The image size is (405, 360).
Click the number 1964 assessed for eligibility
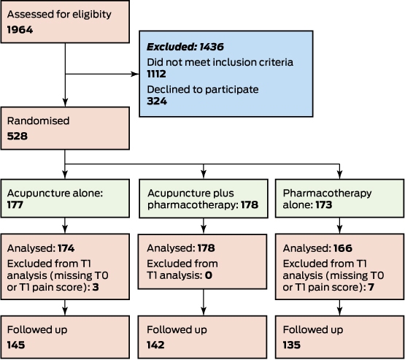click(x=20, y=30)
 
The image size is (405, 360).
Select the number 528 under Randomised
click(x=18, y=137)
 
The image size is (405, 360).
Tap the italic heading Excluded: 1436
click(x=185, y=47)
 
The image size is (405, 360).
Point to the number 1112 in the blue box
click(x=156, y=74)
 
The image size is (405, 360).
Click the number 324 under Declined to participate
click(x=157, y=101)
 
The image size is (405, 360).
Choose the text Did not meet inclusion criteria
click(x=220, y=62)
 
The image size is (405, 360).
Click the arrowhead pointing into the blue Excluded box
click(x=135, y=74)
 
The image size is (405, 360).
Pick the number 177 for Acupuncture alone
click(x=15, y=204)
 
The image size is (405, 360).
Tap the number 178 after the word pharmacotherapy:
click(x=250, y=204)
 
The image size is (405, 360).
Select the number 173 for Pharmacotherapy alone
click(x=324, y=204)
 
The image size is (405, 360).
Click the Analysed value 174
click(x=66, y=248)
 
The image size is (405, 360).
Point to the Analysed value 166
click(x=343, y=248)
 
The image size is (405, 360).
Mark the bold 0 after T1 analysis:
click(x=209, y=275)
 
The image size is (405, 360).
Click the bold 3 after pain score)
click(x=96, y=287)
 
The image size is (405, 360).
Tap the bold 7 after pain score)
click(x=371, y=287)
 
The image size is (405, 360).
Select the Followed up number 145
click(x=16, y=345)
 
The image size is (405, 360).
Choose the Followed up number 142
click(x=155, y=345)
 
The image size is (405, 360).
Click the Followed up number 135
click(x=292, y=345)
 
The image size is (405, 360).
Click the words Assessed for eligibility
click(x=59, y=15)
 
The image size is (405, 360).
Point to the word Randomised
click(x=38, y=121)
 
